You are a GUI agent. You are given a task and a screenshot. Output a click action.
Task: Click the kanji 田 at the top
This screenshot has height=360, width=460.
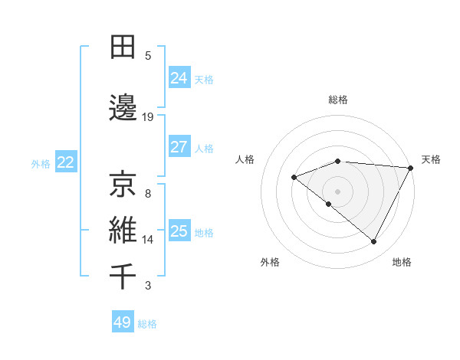click(x=123, y=47)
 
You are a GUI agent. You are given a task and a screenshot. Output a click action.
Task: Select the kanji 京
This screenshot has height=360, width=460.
click(x=123, y=185)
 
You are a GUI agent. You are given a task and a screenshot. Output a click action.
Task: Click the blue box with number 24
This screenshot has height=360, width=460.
click(x=179, y=78)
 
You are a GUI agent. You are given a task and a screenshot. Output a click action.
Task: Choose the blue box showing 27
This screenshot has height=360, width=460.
click(x=179, y=147)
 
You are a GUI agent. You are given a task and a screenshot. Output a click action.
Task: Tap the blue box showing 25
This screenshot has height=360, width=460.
click(x=179, y=231)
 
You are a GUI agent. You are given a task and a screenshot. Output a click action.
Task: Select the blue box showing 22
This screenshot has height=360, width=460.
click(x=66, y=162)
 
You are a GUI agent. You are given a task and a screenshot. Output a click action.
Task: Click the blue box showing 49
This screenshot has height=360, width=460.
click(x=123, y=322)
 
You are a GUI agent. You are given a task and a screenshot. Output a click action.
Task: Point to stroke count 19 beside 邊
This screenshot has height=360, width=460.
click(x=148, y=117)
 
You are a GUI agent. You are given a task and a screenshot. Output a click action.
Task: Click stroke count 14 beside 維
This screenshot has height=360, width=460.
click(x=148, y=240)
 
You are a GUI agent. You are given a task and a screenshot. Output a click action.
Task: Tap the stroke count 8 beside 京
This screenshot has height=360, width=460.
click(x=148, y=193)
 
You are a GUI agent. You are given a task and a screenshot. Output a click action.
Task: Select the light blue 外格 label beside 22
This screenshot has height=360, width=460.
click(x=41, y=163)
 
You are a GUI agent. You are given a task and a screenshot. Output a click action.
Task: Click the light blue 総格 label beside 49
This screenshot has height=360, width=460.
click(x=147, y=324)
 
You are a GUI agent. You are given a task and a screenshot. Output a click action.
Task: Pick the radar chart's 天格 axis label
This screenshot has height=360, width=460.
click(x=431, y=159)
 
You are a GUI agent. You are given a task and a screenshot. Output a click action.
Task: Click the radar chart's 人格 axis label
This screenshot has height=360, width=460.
click(x=245, y=159)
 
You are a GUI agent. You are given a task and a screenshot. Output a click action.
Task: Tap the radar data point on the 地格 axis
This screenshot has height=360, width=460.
click(x=374, y=242)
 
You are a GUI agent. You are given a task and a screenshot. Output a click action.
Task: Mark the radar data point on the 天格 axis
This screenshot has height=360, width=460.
click(x=412, y=168)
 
